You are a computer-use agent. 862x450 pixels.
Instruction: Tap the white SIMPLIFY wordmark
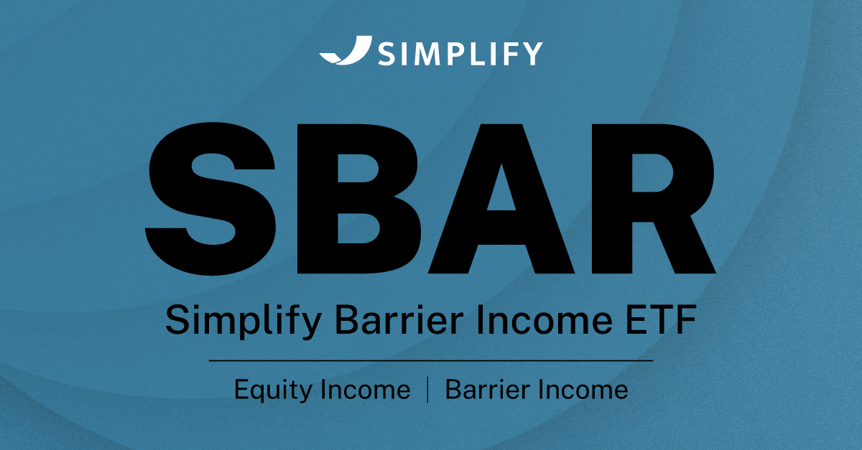pyautogui.click(x=460, y=54)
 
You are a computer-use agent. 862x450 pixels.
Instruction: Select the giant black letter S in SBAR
pyautogui.click(x=210, y=199)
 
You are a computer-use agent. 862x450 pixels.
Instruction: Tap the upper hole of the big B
pyautogui.click(x=357, y=168)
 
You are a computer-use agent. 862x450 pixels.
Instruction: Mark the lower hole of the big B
pyautogui.click(x=358, y=228)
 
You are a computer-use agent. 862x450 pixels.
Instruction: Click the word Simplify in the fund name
pyautogui.click(x=244, y=320)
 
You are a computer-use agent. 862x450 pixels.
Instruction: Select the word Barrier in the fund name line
pyautogui.click(x=399, y=320)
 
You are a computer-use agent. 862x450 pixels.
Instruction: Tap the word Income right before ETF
pyautogui.click(x=544, y=320)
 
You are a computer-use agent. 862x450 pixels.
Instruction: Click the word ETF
pyautogui.click(x=661, y=320)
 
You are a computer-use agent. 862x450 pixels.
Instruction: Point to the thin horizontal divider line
pyautogui.click(x=431, y=361)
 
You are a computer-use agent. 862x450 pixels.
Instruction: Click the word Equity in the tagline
pyautogui.click(x=273, y=390)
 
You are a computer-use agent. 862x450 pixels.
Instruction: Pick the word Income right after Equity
pyautogui.click(x=366, y=389)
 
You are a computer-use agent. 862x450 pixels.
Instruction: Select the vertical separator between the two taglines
pyautogui.click(x=428, y=390)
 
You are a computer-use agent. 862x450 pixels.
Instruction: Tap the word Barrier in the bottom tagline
pyautogui.click(x=488, y=389)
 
